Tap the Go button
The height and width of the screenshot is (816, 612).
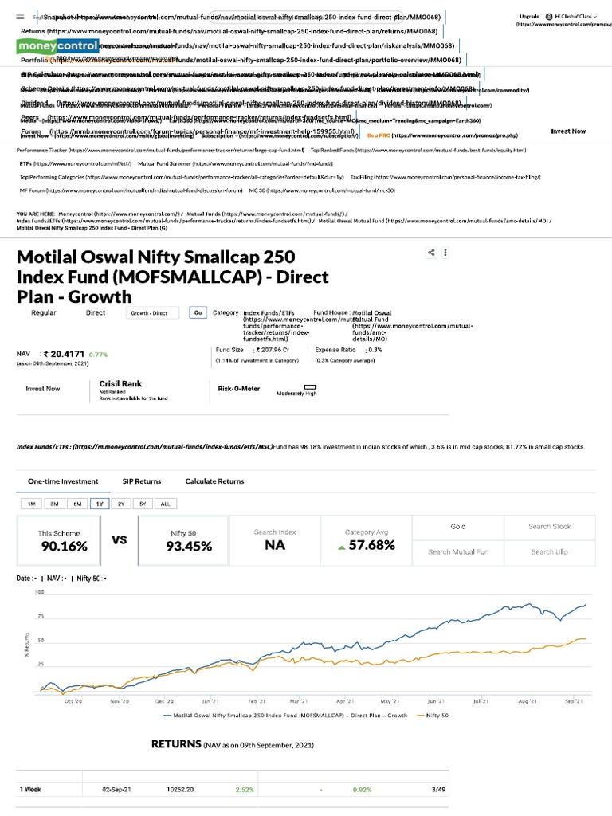[x=198, y=313]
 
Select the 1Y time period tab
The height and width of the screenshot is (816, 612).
[x=100, y=504]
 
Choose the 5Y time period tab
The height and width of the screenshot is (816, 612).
[x=143, y=504]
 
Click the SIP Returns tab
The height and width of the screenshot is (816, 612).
[x=141, y=481]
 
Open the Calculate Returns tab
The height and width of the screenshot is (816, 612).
[x=214, y=481]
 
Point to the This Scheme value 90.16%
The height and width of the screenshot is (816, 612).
[x=64, y=546]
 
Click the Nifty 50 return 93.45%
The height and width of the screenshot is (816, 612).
[x=189, y=546]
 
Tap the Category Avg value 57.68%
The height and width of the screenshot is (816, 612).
[x=371, y=546]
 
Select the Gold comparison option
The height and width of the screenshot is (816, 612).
[x=457, y=527]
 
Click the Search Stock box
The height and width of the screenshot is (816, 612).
[x=549, y=527]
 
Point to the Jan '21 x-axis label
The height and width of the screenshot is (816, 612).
[x=210, y=679]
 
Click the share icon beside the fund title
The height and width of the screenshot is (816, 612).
[x=431, y=253]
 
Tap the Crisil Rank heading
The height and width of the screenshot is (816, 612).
[x=120, y=383]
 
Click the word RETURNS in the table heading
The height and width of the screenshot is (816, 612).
[x=176, y=744]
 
